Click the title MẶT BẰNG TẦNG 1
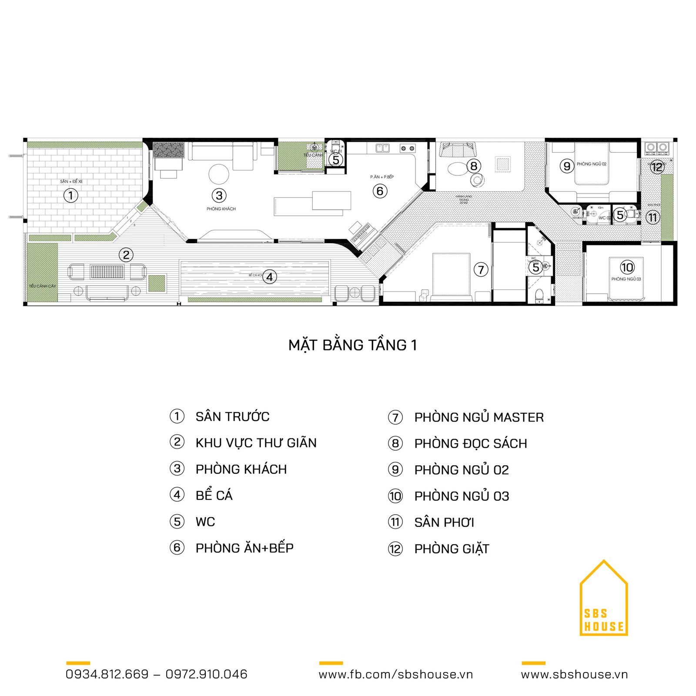352,345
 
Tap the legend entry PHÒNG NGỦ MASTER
478,418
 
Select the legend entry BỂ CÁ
214,495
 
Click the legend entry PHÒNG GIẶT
452,549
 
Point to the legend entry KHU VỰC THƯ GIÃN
256,443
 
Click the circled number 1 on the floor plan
71,195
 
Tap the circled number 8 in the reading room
474,166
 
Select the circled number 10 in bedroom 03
627,267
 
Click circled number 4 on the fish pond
270,277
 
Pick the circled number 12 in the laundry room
657,167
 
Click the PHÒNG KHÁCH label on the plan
221,209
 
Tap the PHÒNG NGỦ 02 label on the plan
591,164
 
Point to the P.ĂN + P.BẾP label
382,177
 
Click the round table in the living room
219,174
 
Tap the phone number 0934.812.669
107,674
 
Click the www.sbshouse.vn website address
574,674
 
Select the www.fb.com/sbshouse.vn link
395,674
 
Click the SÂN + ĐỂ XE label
71,181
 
